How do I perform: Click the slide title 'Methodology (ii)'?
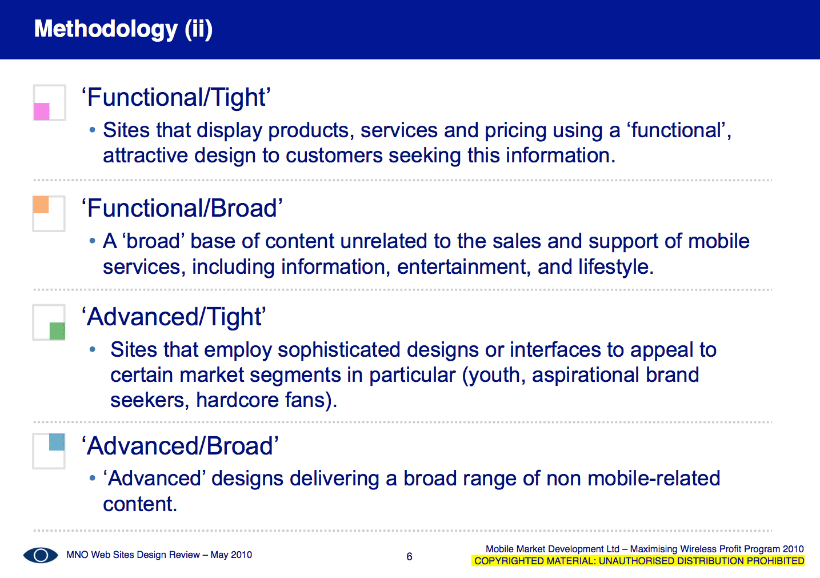pos(123,29)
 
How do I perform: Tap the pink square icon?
pos(42,111)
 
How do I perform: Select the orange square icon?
pos(41,205)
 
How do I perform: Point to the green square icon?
pos(57,331)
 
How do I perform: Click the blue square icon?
pos(57,442)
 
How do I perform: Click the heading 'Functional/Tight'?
pos(176,97)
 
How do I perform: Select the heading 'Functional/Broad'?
pos(182,208)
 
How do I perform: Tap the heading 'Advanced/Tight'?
pos(174,317)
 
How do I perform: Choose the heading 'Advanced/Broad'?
pos(180,446)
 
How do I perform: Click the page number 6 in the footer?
pos(409,556)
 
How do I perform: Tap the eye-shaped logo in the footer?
pos(41,555)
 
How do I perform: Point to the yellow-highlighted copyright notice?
pos(638,561)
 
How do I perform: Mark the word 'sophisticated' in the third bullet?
pos(339,350)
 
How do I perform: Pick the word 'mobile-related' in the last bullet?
pos(654,479)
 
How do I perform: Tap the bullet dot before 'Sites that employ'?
pos(92,349)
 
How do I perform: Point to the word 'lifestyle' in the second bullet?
pos(614,268)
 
